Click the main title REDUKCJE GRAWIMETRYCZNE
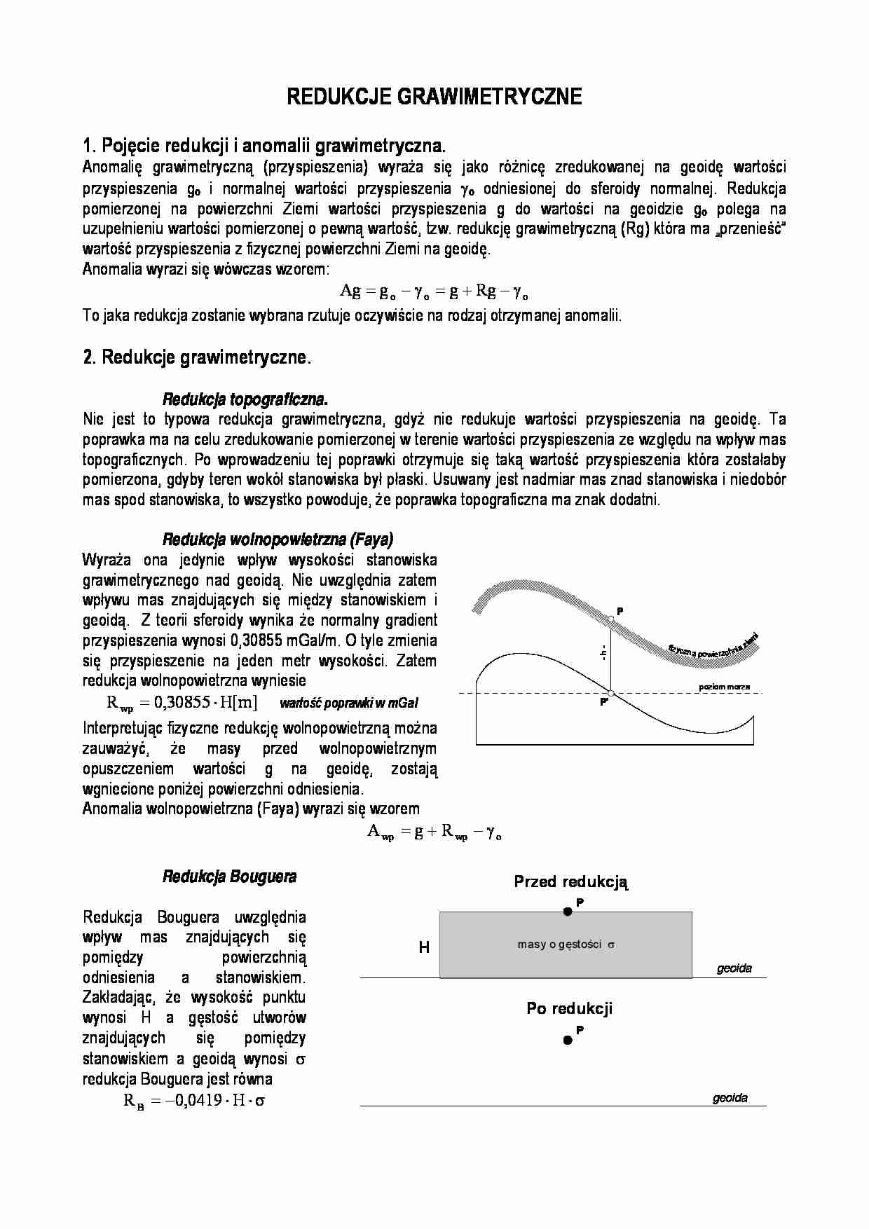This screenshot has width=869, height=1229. point(434,97)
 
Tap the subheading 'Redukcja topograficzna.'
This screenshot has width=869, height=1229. point(245,399)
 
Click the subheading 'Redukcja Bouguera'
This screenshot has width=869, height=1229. point(229,877)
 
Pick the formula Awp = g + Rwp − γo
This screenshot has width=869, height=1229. point(434,832)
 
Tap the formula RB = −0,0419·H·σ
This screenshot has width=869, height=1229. point(194,1099)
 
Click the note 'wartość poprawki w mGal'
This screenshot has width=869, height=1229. point(348,703)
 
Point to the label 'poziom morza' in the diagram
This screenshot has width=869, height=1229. point(724,687)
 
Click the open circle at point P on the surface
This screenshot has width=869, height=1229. point(610,619)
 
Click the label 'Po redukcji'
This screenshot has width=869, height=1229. point(569,1008)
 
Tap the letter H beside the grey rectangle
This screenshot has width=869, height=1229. point(424,947)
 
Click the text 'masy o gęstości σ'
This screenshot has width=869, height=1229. point(566,945)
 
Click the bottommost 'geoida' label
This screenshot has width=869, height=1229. point(730,1098)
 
